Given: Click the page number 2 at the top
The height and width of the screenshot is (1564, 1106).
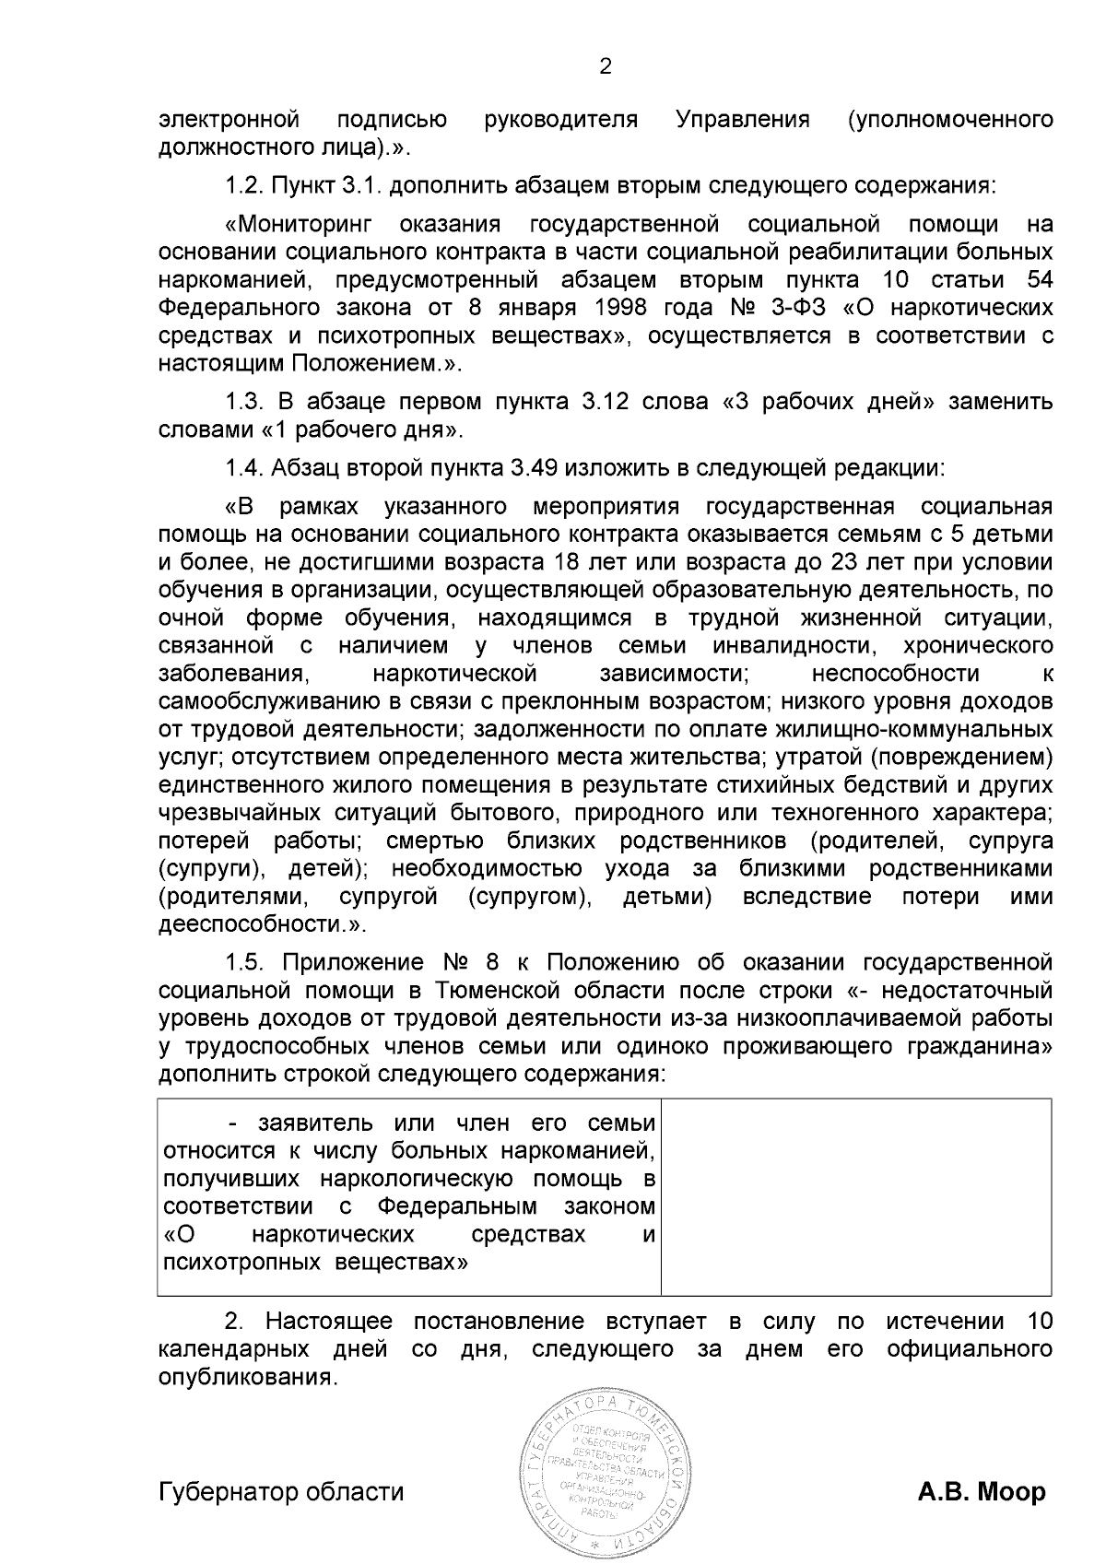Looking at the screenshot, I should (606, 66).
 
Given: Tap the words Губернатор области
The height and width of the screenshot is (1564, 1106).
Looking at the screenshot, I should (281, 1491).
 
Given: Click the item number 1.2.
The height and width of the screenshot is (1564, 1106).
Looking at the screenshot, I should (244, 185).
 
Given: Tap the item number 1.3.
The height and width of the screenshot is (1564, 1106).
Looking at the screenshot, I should (244, 402).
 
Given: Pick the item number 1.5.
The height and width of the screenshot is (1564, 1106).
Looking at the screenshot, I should (244, 963).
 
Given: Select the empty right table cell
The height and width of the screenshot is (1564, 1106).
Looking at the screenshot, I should (856, 1196).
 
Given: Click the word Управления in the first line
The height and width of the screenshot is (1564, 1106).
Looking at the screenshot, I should (743, 120).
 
